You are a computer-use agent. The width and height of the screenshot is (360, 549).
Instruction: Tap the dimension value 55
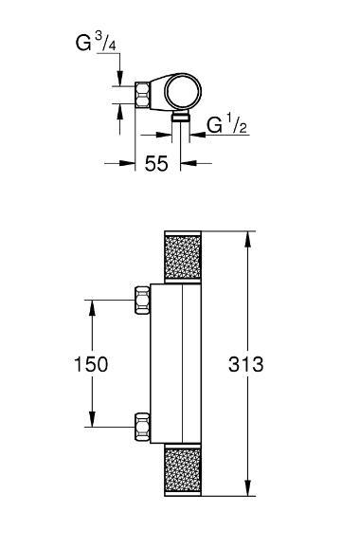pos(157,163)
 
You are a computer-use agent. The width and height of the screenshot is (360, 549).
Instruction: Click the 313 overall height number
pos(247,364)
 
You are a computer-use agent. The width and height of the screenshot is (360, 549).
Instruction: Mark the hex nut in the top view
pos(144,96)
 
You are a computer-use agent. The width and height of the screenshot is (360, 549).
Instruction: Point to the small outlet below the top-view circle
pos(179,118)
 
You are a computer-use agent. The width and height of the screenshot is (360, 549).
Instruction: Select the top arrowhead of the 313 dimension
pos(248,236)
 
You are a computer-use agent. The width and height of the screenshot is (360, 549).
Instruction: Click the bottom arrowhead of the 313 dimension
pos(248,491)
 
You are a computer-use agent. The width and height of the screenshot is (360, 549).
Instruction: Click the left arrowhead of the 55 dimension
pos(129,163)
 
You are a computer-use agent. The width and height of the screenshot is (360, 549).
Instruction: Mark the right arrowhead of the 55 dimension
pos(184,163)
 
